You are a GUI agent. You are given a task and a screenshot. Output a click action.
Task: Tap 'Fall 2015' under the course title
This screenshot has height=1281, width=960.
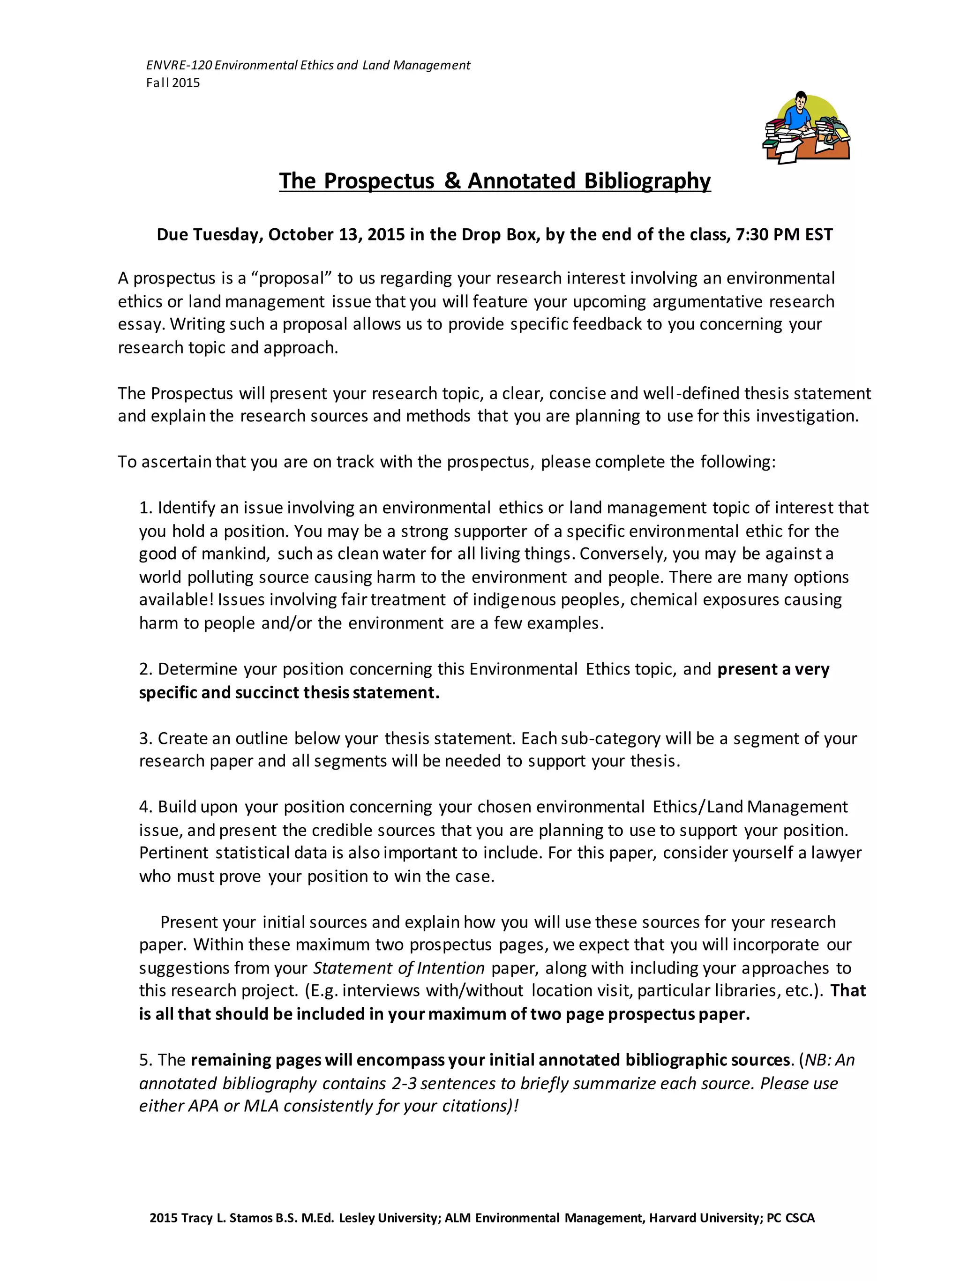[x=172, y=83]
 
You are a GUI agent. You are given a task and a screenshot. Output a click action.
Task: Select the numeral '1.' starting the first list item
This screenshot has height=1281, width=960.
[x=145, y=508]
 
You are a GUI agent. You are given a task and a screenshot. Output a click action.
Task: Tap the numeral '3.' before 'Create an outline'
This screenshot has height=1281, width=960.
[x=145, y=738]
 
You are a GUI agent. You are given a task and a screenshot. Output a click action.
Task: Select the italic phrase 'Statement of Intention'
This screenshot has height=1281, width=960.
[x=398, y=968]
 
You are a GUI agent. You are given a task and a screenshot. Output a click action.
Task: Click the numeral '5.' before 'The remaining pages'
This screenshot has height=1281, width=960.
[x=145, y=1060]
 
